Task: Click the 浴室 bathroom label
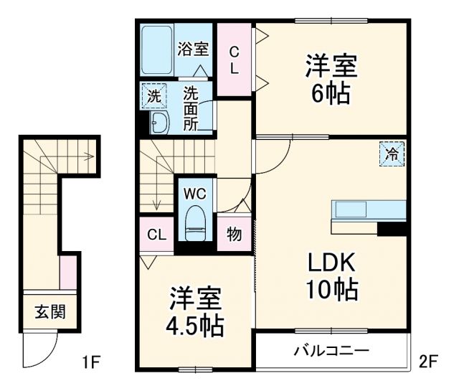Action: (x=194, y=50)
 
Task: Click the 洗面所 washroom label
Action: (x=191, y=108)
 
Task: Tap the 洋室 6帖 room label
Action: (x=331, y=81)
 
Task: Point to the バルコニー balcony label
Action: (x=332, y=352)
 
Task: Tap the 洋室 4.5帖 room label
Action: (x=196, y=313)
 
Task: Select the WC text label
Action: (x=195, y=193)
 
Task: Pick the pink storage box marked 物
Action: (x=234, y=234)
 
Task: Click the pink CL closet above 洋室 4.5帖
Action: (x=156, y=234)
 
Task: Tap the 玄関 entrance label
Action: (x=50, y=312)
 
